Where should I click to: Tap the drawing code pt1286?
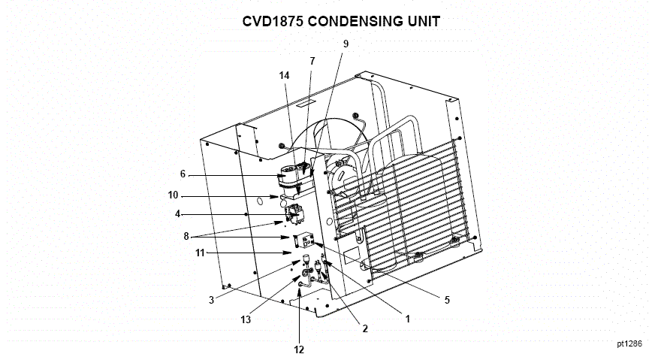(x=629, y=343)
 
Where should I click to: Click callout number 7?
(x=312, y=60)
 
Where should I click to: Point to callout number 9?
(x=346, y=44)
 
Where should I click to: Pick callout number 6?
(x=182, y=174)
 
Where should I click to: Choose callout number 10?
(x=174, y=196)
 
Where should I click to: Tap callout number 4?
(x=178, y=214)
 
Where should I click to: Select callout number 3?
(x=213, y=300)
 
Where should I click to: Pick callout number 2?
(x=364, y=328)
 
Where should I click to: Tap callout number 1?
(x=408, y=319)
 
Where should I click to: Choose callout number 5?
(x=446, y=300)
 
